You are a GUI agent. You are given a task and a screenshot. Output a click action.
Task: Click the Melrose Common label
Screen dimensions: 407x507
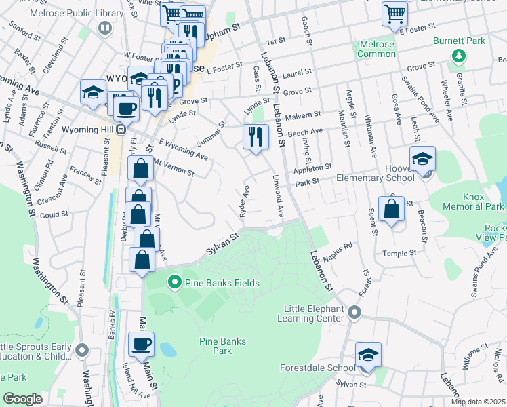coord(376,49)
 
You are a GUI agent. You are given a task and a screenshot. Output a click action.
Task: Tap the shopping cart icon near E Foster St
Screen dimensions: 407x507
coord(394,13)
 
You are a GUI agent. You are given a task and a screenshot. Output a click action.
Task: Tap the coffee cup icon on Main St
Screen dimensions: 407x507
coord(141,344)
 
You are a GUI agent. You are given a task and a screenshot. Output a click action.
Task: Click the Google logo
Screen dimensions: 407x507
coord(23,399)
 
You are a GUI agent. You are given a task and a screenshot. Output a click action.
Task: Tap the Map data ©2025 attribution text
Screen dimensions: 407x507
coord(478,402)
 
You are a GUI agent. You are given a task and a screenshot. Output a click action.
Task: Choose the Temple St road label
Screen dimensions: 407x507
coord(399,253)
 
